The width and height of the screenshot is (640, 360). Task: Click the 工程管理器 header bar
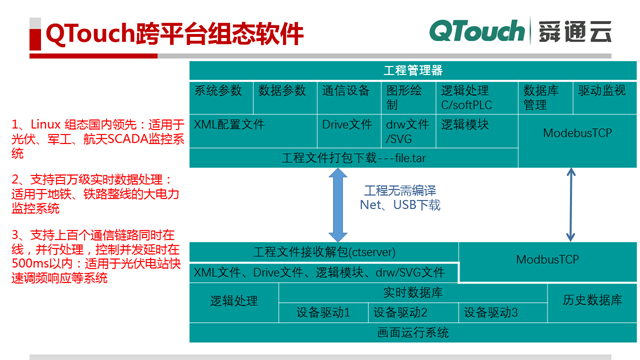pyautogui.click(x=412, y=70)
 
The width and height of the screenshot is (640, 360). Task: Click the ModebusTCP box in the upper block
pyautogui.click(x=577, y=133)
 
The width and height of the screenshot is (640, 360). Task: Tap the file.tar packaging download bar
pyautogui.click(x=354, y=158)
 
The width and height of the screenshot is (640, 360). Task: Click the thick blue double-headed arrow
pyautogui.click(x=338, y=204)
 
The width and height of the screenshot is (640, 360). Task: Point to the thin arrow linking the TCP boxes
pyautogui.click(x=571, y=204)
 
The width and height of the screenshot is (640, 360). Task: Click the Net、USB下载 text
pyautogui.click(x=400, y=205)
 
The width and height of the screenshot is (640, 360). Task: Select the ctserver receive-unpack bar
pyautogui.click(x=322, y=252)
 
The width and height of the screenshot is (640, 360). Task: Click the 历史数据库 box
pyautogui.click(x=591, y=300)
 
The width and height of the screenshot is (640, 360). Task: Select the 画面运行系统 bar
pyautogui.click(x=412, y=333)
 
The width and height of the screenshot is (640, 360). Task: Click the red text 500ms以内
pyautogui.click(x=36, y=263)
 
